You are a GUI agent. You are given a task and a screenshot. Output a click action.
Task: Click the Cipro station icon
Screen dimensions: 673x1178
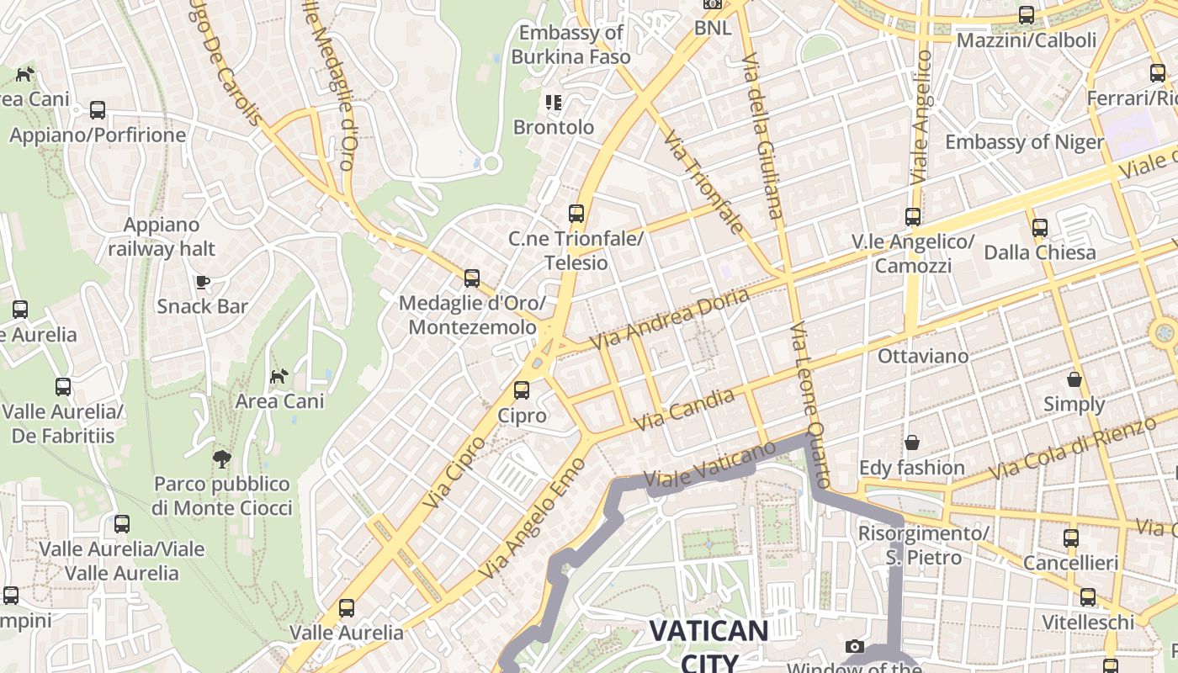point(522,390)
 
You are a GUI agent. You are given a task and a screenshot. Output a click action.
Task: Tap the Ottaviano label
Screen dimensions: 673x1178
point(922,356)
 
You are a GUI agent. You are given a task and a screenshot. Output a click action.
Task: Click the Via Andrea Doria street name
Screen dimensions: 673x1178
point(669,320)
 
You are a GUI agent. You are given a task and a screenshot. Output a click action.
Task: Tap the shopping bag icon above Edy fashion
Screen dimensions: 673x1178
point(911,442)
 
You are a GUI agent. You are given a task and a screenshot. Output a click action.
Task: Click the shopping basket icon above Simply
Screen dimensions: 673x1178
point(1074,379)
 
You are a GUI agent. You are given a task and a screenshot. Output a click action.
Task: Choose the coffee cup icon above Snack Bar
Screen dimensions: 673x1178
point(202,282)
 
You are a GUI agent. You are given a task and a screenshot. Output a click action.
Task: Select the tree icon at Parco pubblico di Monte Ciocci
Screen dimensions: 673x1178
point(222,459)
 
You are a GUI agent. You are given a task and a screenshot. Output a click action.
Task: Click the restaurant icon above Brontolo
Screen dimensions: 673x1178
point(553,103)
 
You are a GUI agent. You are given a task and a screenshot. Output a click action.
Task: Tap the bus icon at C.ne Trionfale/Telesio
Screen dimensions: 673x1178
point(576,214)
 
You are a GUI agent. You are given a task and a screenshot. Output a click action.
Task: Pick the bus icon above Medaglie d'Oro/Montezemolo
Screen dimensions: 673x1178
point(472,278)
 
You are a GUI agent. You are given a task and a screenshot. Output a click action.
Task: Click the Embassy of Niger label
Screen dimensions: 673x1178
point(1023,141)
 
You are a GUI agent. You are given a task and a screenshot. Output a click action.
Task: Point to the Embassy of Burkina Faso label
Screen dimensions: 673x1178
point(570,45)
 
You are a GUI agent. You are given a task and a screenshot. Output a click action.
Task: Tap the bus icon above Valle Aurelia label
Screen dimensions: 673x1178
point(346,607)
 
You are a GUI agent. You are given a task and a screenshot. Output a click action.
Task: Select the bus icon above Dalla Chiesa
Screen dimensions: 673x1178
point(1040,227)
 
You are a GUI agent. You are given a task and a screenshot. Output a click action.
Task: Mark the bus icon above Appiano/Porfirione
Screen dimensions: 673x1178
point(98,110)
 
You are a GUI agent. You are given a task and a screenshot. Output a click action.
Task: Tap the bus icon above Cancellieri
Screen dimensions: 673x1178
point(1070,538)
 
